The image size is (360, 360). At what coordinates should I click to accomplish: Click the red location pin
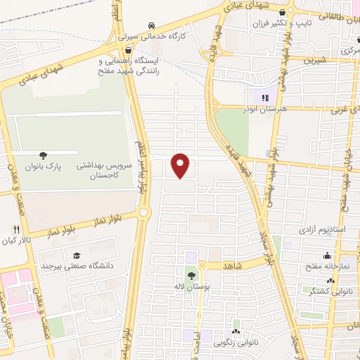(x=181, y=165)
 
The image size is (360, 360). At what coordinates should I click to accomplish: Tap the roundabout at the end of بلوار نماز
(x=144, y=212)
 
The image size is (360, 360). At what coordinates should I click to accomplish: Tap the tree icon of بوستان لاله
(x=191, y=276)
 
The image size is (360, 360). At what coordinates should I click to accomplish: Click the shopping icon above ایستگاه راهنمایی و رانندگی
(x=129, y=51)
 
